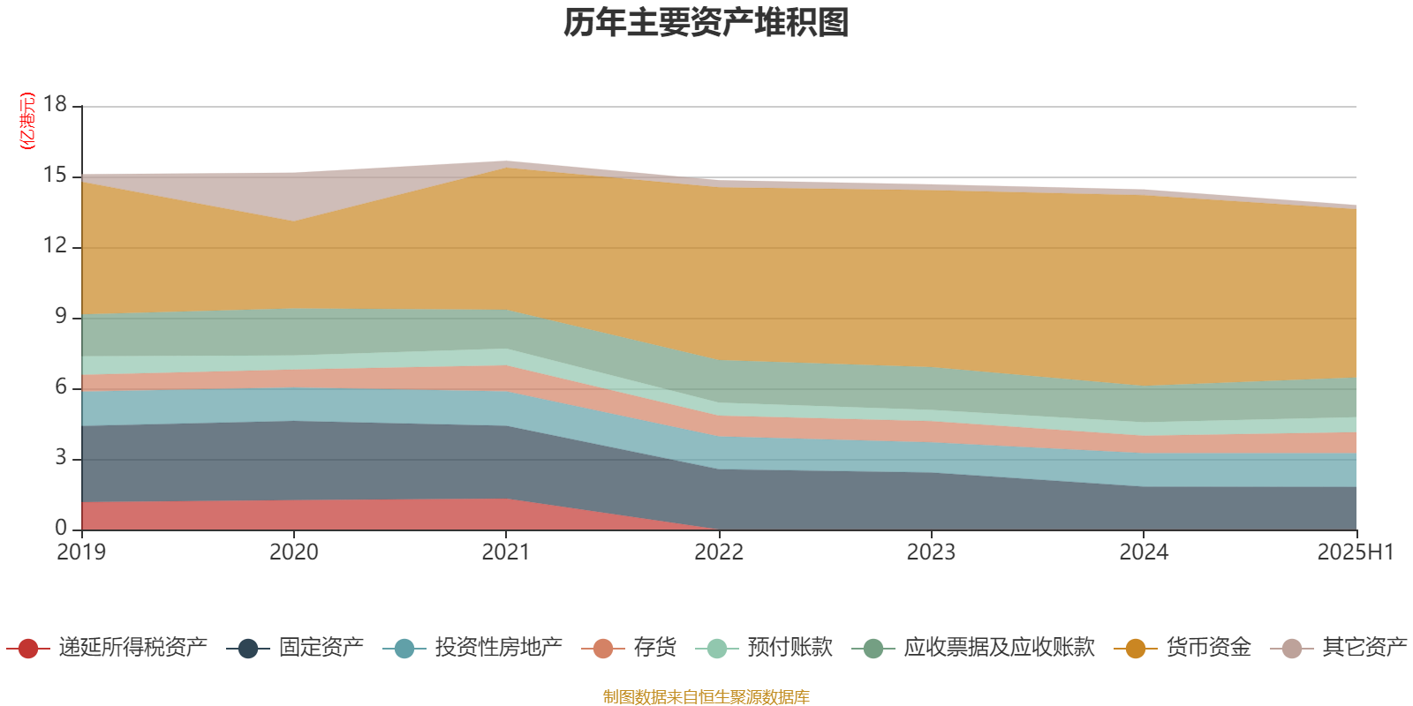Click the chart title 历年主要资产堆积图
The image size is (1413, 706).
point(706,23)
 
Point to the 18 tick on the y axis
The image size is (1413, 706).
point(56,104)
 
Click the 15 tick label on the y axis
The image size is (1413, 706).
point(56,176)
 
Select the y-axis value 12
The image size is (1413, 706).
point(56,245)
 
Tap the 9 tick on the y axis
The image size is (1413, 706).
point(61,316)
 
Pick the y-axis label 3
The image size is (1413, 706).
point(61,457)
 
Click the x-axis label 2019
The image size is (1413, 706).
point(81,552)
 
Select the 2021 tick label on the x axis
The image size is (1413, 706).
point(505,552)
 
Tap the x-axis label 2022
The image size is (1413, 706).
point(719,552)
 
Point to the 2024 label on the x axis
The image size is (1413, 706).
point(1144,552)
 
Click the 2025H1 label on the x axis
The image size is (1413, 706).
point(1355,552)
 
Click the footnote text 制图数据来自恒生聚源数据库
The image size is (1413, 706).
point(706,697)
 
